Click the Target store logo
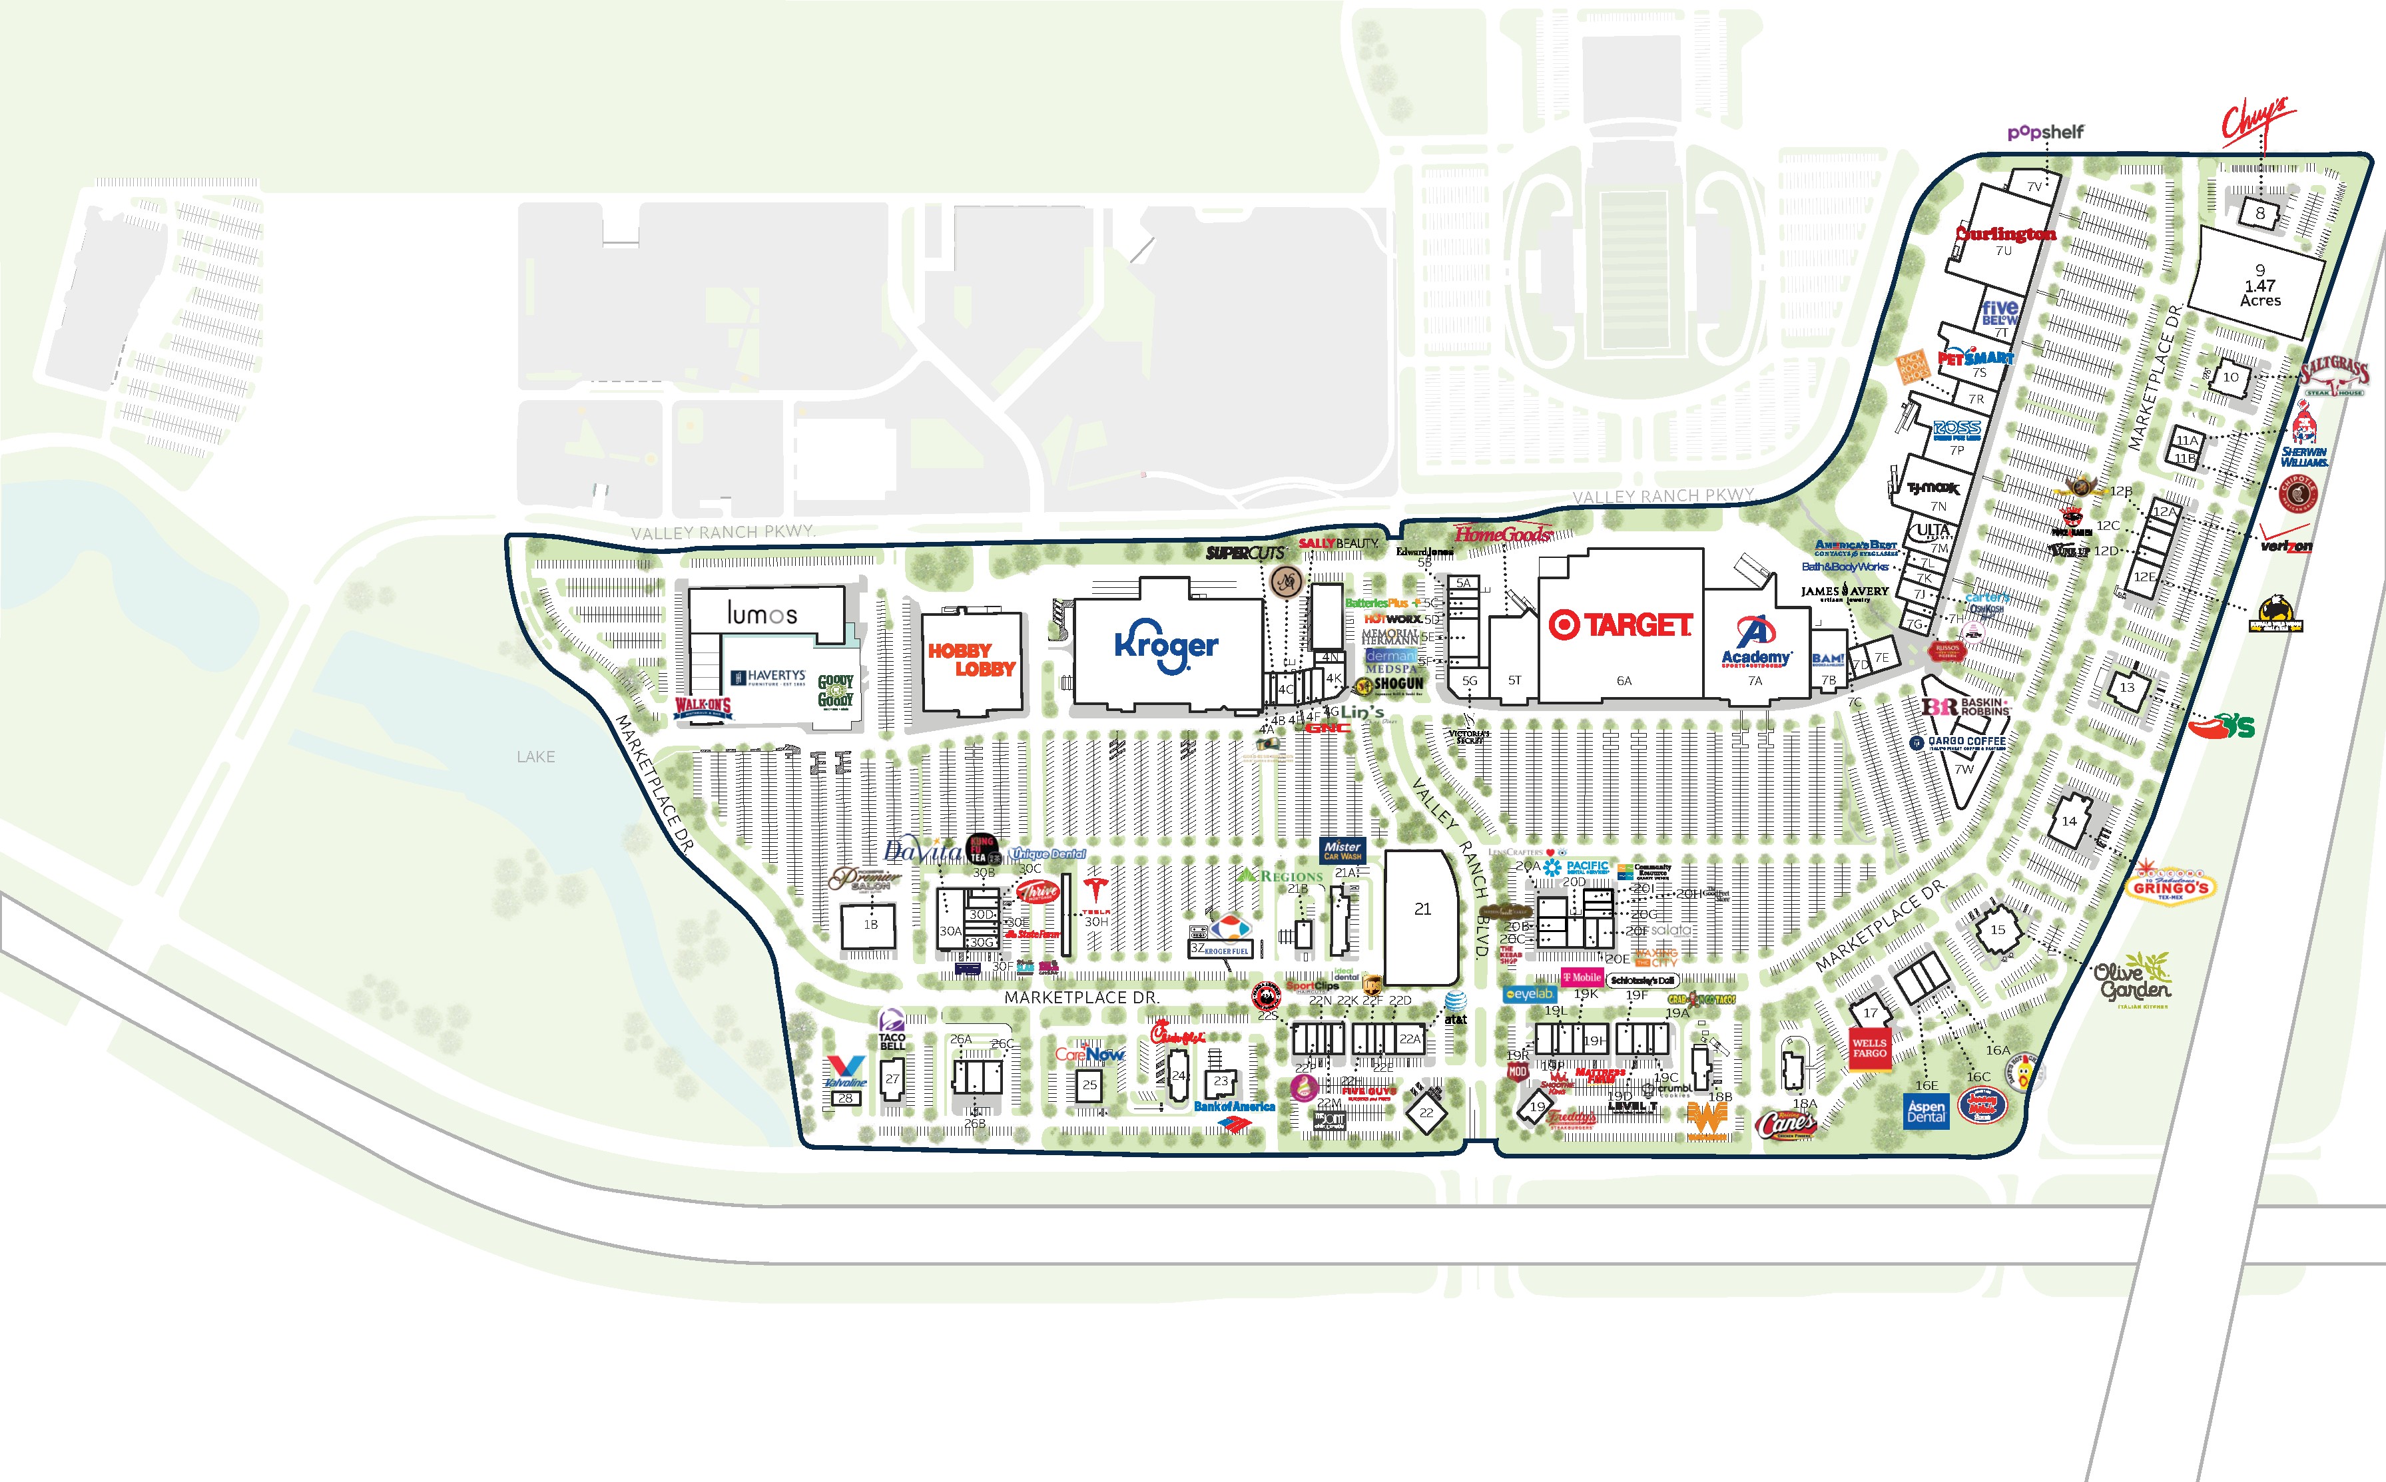click(x=1620, y=625)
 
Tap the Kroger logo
click(x=1167, y=647)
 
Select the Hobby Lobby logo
click(x=972, y=660)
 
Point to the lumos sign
click(x=762, y=615)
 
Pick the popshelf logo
click(x=2045, y=132)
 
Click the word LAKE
click(x=535, y=757)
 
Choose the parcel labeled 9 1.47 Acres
click(x=2259, y=284)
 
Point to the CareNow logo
click(x=1089, y=1055)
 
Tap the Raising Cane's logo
click(x=1786, y=1125)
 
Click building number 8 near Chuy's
click(x=2259, y=212)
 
